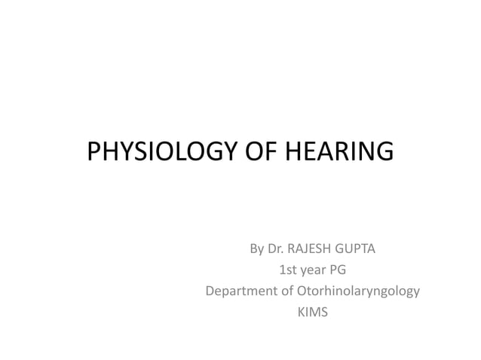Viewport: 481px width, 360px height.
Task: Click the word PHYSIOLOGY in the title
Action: click(x=161, y=152)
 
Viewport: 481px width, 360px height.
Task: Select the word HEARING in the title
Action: click(x=337, y=152)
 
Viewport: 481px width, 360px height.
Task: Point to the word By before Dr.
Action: click(x=257, y=249)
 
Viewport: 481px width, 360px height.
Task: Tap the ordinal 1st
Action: click(x=287, y=270)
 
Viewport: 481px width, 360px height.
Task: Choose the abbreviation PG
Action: click(x=339, y=270)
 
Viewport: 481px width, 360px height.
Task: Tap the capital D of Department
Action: click(x=210, y=291)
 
